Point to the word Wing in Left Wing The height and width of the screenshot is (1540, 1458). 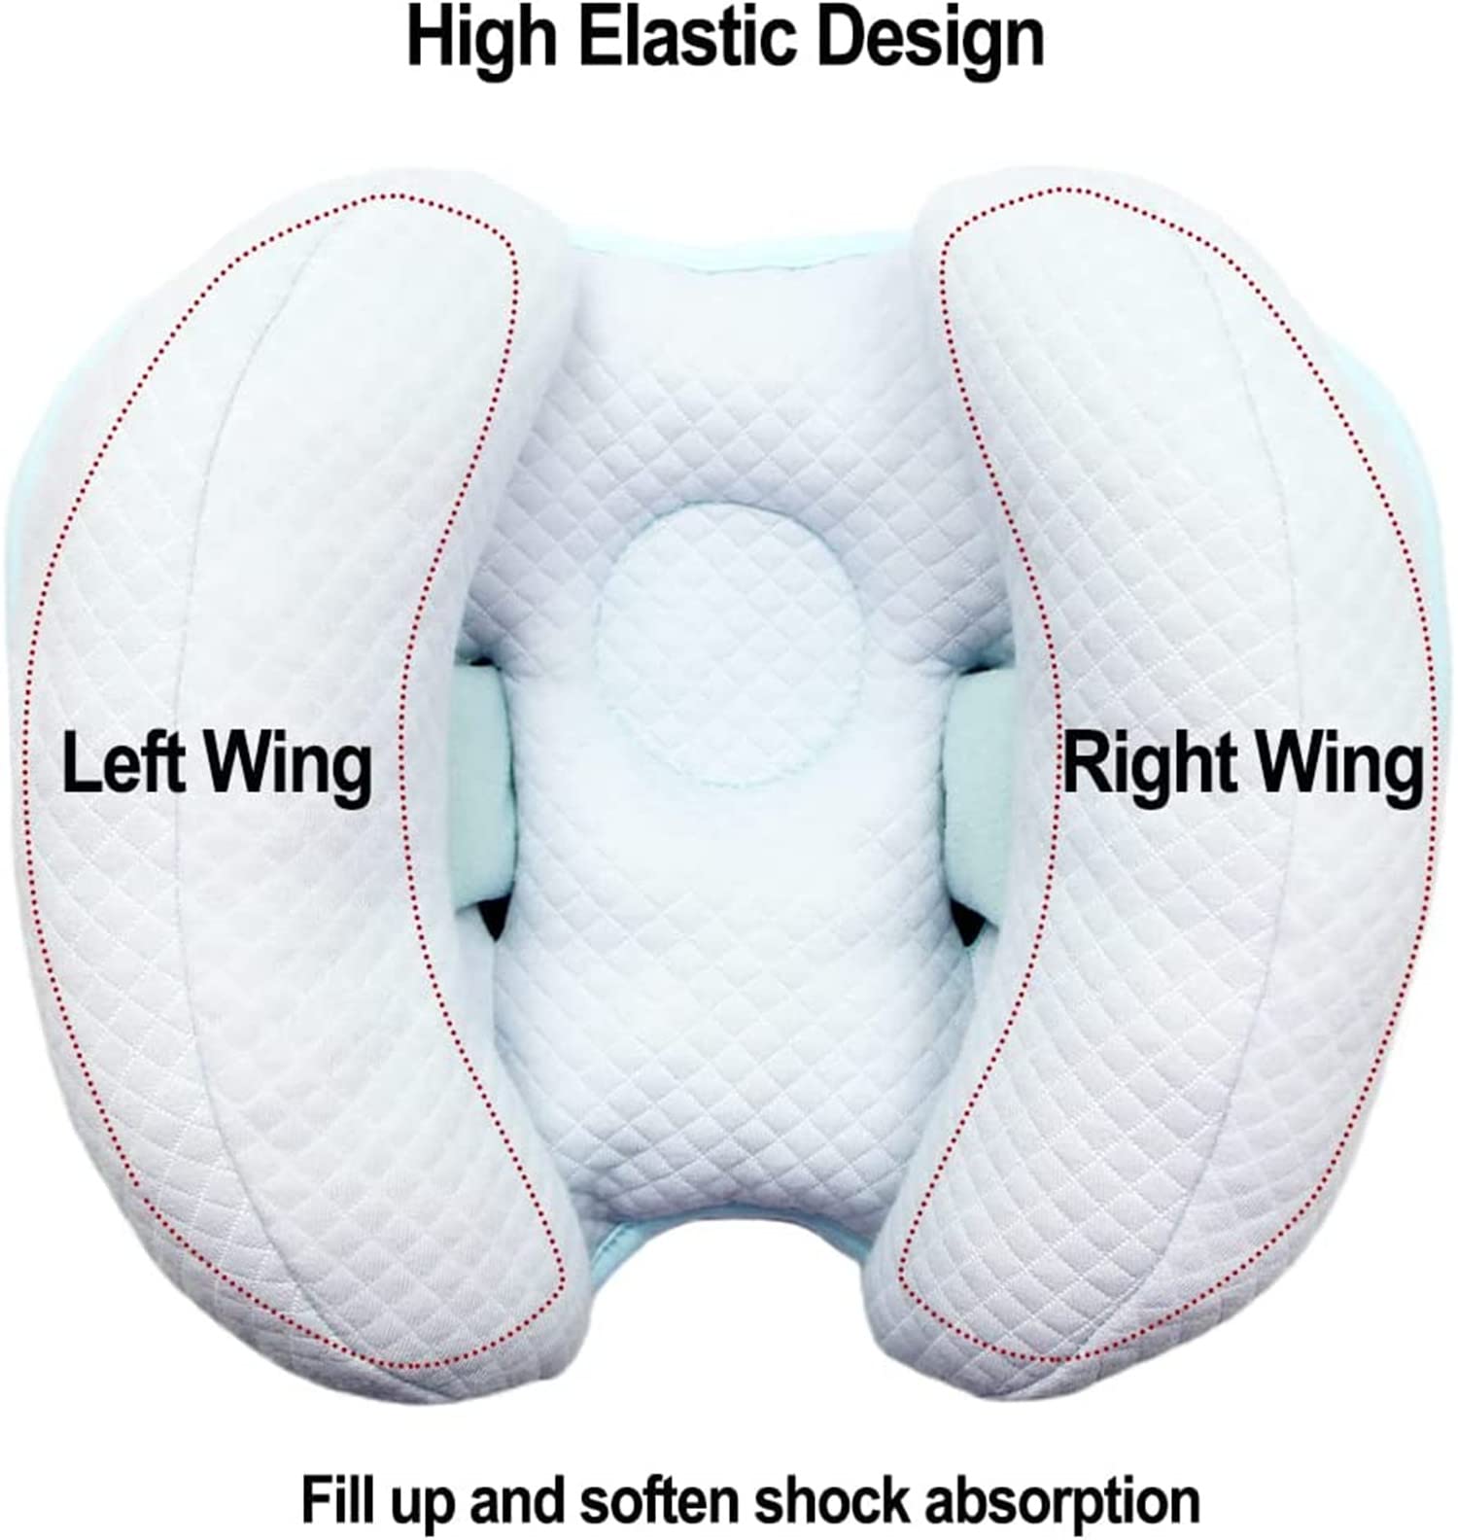point(290,768)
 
